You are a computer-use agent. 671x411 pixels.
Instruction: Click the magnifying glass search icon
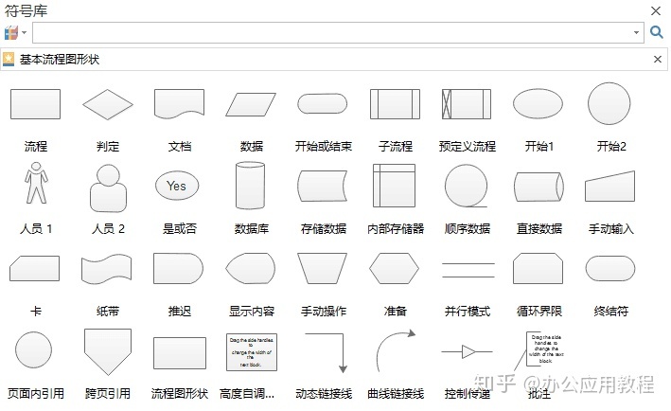click(x=657, y=32)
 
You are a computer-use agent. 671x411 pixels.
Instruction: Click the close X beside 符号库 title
click(x=656, y=10)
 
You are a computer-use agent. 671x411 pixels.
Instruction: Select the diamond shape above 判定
click(x=108, y=103)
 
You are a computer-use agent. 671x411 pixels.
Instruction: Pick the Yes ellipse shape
click(x=177, y=186)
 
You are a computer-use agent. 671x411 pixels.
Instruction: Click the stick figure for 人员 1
click(x=36, y=185)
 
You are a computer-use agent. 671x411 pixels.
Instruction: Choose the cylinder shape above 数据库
click(x=250, y=186)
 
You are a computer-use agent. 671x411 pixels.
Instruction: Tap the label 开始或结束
click(x=324, y=147)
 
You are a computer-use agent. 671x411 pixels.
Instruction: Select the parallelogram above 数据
click(x=251, y=103)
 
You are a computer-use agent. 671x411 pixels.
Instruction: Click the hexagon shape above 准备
click(x=395, y=269)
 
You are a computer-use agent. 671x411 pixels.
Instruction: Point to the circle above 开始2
click(x=609, y=103)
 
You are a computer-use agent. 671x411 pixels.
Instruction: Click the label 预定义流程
click(x=468, y=147)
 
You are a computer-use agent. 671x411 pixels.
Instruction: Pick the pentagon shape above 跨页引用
click(x=108, y=351)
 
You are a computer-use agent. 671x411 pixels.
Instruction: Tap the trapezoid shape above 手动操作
click(x=323, y=269)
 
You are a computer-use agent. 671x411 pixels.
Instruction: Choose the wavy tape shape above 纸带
click(x=108, y=269)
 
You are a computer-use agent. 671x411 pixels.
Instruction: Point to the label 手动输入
click(x=610, y=228)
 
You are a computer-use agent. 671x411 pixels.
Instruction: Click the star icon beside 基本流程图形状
click(x=9, y=59)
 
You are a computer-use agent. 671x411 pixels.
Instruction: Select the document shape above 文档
click(x=180, y=103)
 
